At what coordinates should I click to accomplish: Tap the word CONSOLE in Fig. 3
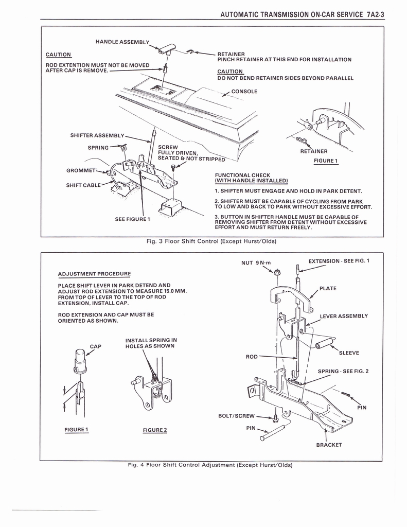(x=244, y=91)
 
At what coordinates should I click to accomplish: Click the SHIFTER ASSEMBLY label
(x=97, y=135)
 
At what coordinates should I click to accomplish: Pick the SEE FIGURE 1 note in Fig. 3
(x=132, y=219)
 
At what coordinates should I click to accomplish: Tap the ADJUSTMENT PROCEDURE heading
(x=94, y=273)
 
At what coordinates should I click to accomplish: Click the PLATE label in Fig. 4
(x=328, y=288)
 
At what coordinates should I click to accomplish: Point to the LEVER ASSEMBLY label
(x=344, y=316)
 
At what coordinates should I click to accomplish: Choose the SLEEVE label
(x=349, y=353)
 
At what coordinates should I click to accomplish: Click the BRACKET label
(x=329, y=445)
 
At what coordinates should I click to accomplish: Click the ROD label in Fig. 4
(x=252, y=356)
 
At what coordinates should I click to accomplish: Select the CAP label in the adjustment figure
(x=96, y=346)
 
